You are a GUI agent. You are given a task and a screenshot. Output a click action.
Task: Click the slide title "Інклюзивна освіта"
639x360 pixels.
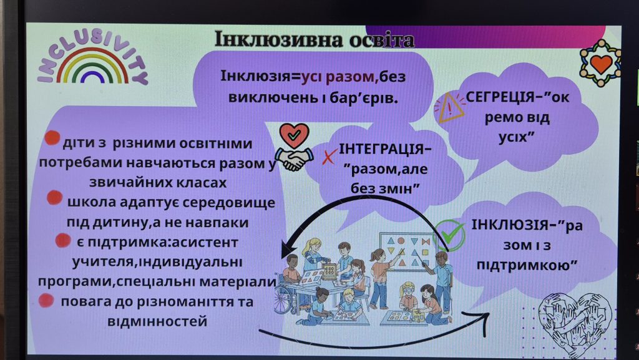(x=315, y=40)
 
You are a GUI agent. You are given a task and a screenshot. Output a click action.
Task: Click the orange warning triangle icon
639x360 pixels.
(x=449, y=107)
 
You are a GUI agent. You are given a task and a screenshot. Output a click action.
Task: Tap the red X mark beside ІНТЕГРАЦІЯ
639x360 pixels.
(x=329, y=157)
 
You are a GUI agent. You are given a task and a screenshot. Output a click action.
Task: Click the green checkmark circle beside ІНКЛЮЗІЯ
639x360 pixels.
(x=449, y=235)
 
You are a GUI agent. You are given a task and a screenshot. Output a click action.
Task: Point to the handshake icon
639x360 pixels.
(x=293, y=158)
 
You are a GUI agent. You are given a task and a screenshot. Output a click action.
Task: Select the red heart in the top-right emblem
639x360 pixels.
(x=601, y=63)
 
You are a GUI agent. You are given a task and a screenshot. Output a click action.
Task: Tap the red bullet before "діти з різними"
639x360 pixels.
(x=52, y=138)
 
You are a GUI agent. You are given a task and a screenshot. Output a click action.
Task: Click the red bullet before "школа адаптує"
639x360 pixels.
(x=55, y=198)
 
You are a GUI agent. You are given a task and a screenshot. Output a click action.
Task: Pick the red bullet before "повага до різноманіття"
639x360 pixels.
(x=46, y=300)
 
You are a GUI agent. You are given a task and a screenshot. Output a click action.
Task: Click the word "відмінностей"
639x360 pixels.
(x=157, y=321)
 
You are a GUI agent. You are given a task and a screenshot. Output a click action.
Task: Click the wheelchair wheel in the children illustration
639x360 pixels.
(x=283, y=300)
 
